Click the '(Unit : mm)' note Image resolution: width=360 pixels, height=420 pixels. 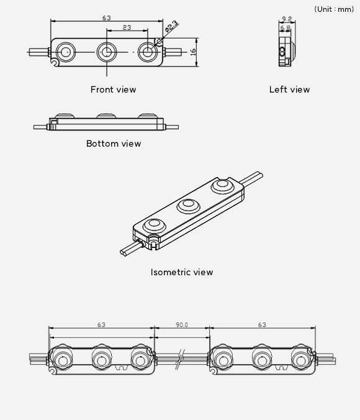(334, 9)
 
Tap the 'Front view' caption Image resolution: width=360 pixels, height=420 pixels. (113, 89)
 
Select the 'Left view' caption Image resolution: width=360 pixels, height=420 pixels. (289, 89)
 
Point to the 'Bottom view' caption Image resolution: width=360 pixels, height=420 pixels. (114, 144)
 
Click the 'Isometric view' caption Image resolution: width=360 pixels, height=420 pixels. (182, 272)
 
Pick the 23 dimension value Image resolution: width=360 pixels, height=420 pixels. (127, 27)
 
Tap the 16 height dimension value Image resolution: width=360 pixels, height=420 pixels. (193, 52)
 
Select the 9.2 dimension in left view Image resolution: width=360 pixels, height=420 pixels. (287, 19)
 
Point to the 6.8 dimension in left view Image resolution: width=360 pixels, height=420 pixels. (286, 27)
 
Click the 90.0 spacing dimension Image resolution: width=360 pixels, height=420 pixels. (182, 325)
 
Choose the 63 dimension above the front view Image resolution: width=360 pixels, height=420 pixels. (107, 18)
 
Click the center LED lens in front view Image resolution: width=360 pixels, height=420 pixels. (107, 52)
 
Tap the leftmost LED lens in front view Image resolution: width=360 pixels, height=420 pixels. (66, 52)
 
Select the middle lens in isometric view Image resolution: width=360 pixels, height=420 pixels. (188, 206)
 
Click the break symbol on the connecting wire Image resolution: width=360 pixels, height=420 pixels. (180, 359)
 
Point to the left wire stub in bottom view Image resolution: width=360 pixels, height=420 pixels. (41, 127)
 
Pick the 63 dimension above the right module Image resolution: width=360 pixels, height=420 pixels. (262, 325)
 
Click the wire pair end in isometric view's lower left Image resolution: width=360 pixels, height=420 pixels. (124, 252)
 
